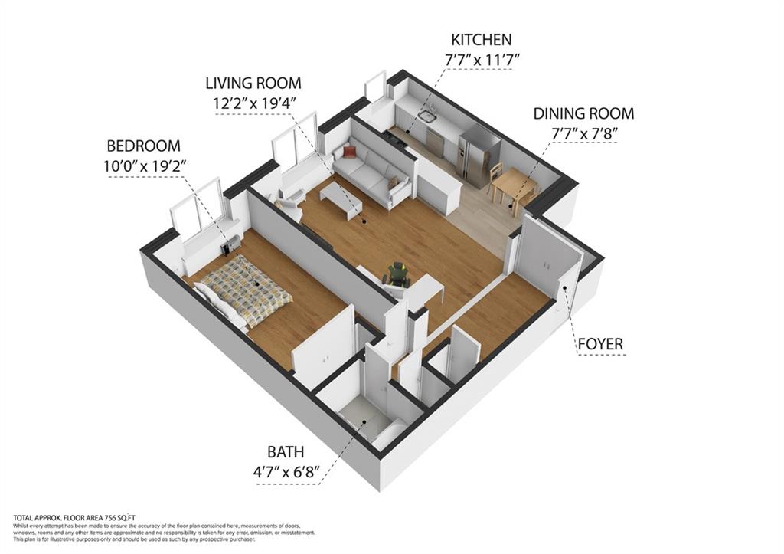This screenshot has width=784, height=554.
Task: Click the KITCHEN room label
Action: point(481,39)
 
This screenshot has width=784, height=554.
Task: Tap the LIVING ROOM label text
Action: point(253,83)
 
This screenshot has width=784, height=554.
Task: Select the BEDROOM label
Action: point(143,146)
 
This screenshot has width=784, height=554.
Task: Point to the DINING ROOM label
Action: point(584,113)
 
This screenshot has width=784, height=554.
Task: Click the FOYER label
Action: point(600,344)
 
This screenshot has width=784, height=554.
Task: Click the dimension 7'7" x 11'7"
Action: point(481,58)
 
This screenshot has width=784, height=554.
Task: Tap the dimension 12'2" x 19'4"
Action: point(253,102)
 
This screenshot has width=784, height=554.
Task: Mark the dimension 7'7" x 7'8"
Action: point(584,133)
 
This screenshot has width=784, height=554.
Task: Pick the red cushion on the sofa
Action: point(349,151)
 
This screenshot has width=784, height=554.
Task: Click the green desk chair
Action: point(398,273)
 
